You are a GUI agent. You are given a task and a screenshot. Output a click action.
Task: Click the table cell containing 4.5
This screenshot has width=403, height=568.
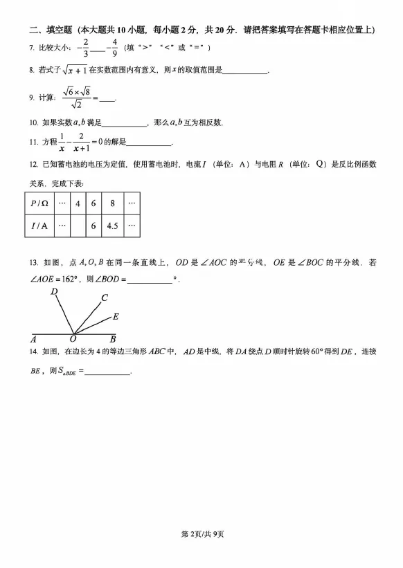tap(112, 226)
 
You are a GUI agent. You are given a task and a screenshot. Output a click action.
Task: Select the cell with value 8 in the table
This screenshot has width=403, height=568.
tap(112, 203)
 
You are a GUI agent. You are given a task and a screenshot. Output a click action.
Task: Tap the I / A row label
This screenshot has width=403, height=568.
tap(39, 226)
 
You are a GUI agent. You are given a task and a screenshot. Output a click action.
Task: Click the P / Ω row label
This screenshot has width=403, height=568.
tap(39, 203)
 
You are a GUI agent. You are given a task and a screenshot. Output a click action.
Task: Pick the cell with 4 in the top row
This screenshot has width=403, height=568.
tap(78, 203)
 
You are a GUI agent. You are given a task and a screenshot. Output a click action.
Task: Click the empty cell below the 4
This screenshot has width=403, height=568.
tap(78, 226)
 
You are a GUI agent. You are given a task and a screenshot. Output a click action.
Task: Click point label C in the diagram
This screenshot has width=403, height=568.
tap(104, 298)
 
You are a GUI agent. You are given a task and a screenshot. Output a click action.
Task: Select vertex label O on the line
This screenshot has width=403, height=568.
tap(73, 339)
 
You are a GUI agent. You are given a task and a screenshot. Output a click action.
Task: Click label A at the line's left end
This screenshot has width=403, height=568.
tap(33, 339)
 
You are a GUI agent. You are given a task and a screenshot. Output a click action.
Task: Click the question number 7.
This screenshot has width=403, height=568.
tap(32, 48)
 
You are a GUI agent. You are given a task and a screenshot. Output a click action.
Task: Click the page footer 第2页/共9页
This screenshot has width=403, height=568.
tap(202, 554)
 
